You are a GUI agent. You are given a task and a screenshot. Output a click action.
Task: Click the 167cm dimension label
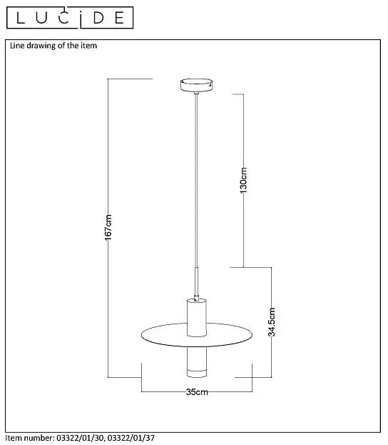(108, 227)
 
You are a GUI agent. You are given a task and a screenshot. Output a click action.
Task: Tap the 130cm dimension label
(243, 181)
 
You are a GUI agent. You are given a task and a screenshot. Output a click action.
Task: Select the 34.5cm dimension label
(272, 322)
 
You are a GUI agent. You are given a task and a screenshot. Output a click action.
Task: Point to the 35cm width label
(197, 392)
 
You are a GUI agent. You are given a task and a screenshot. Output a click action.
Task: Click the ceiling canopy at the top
(196, 85)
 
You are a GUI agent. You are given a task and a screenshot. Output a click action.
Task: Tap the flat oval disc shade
(196, 335)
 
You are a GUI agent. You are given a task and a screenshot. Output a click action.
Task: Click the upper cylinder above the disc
(196, 317)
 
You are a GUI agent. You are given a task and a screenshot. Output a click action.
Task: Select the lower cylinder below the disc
(197, 362)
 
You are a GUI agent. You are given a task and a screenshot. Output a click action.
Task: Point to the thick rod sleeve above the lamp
(196, 281)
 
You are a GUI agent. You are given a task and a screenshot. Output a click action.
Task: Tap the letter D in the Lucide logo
(98, 18)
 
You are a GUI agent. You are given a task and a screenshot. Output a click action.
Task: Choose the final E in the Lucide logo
(119, 18)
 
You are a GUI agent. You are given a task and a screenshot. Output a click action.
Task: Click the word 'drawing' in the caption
(41, 46)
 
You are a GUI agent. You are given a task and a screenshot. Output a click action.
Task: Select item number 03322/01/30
(81, 438)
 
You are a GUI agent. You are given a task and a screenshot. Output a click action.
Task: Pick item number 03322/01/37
(131, 438)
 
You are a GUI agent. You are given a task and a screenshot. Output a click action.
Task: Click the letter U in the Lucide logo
(41, 18)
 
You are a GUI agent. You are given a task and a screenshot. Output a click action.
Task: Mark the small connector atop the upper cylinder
(196, 298)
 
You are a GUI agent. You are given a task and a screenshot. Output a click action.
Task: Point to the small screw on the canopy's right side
(209, 84)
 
